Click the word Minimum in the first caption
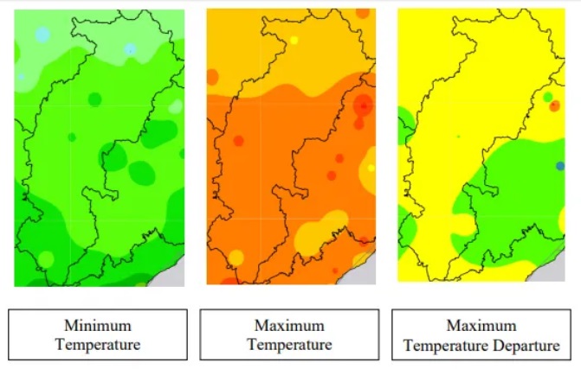point(97,326)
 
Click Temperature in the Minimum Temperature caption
point(97,344)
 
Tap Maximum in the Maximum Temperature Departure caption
point(481,326)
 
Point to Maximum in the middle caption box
point(288,326)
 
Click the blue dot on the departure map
point(559,165)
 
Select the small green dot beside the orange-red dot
point(547,95)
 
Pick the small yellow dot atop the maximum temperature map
point(294,40)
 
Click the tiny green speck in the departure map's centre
point(459,136)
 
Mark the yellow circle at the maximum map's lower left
point(236,257)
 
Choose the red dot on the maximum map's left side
point(238,140)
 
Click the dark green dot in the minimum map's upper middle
point(94,99)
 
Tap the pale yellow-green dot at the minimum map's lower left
point(46,258)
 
